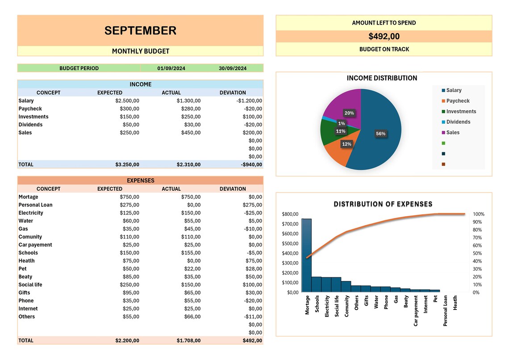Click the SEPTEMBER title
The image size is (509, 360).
[x=140, y=30]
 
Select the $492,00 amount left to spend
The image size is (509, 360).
[x=384, y=37]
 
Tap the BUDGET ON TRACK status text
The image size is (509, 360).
[x=384, y=49]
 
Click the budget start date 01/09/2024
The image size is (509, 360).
[x=171, y=68]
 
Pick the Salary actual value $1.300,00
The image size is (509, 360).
[x=188, y=101]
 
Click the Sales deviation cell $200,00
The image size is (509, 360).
[x=252, y=133]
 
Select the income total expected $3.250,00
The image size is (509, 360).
[x=127, y=164]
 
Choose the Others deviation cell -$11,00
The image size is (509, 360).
[x=253, y=317]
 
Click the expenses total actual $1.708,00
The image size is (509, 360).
[x=188, y=340]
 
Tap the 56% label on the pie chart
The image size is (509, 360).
[x=380, y=134]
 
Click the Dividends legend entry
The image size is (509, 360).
[x=458, y=122]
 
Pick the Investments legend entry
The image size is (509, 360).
[x=461, y=112]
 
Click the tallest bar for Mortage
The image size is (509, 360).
[x=306, y=255]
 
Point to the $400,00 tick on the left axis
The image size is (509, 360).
[x=290, y=253]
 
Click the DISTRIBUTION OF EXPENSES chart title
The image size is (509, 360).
[x=383, y=204]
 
